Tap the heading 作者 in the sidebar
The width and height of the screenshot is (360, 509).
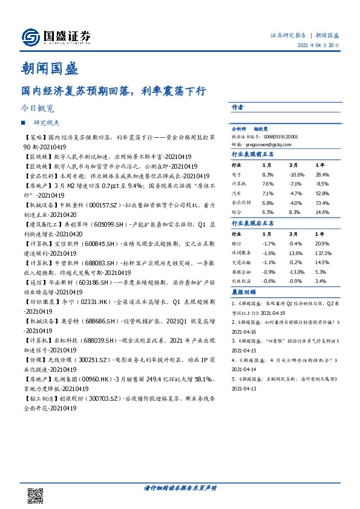point(237,107)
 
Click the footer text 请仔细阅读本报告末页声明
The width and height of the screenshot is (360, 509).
point(180,487)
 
